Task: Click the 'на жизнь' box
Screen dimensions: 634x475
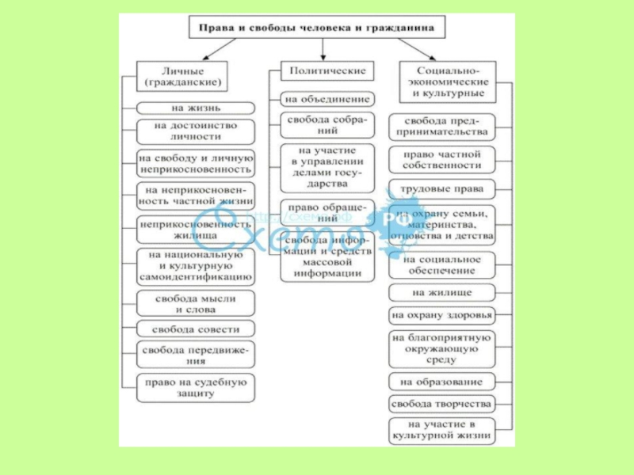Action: (x=196, y=107)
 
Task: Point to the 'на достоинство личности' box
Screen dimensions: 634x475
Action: (x=196, y=131)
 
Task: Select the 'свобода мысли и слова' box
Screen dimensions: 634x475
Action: (x=196, y=302)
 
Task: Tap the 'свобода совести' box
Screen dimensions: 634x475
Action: (x=196, y=329)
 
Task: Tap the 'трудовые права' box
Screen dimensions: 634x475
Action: (x=441, y=189)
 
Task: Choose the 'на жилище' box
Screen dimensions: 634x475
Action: (x=441, y=293)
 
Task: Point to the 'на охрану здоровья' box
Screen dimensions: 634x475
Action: (x=441, y=315)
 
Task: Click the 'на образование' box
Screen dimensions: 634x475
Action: (x=441, y=381)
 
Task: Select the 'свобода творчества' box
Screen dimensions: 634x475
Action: (x=441, y=404)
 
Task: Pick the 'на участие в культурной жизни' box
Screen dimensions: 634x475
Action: (x=441, y=431)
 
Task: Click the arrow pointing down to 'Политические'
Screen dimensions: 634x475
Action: (x=323, y=51)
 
